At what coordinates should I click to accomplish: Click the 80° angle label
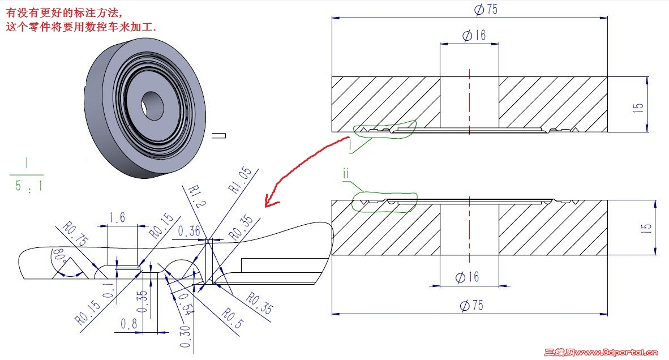[59, 258]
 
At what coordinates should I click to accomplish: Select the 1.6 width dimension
[117, 217]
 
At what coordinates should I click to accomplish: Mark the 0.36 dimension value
[189, 231]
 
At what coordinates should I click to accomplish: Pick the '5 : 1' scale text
[27, 185]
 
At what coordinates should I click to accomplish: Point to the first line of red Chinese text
[63, 10]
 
